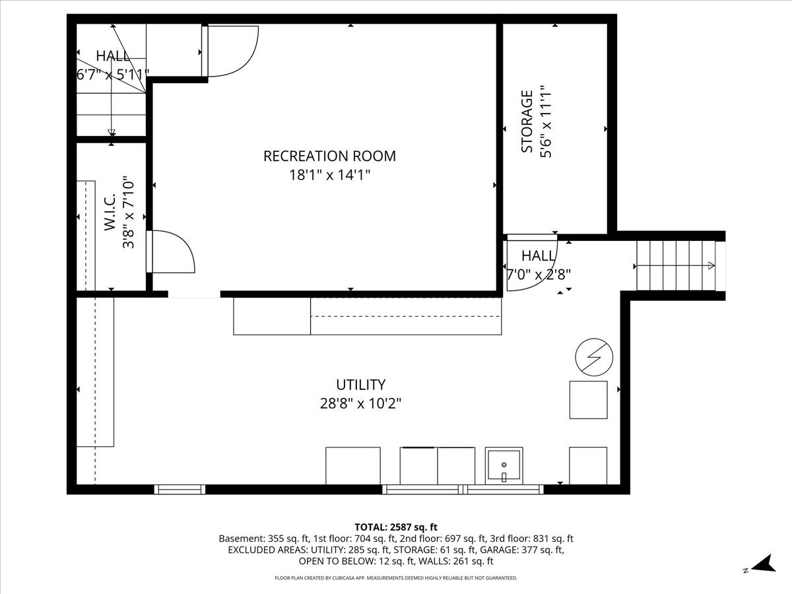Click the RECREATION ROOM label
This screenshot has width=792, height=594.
[x=329, y=156]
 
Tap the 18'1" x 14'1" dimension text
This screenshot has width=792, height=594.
[x=330, y=176]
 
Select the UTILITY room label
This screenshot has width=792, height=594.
[x=361, y=385]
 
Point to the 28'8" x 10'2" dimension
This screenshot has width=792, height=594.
[x=361, y=403]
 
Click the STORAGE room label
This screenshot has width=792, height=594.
[x=527, y=121]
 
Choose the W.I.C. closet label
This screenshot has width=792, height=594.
[x=110, y=212]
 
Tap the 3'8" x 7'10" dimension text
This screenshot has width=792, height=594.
[x=129, y=212]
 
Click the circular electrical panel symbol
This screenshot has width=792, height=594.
[x=594, y=357]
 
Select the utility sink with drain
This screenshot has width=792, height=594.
[x=504, y=465]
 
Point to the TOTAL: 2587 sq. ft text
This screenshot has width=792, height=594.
[x=396, y=527]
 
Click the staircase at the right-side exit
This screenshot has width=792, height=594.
[x=676, y=265]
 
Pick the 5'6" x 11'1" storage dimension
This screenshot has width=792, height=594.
[x=546, y=121]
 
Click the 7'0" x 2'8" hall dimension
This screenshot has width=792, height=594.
[x=539, y=275]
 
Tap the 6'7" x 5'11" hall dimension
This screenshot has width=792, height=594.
[x=113, y=75]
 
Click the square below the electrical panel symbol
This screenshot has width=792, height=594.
[x=589, y=400]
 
